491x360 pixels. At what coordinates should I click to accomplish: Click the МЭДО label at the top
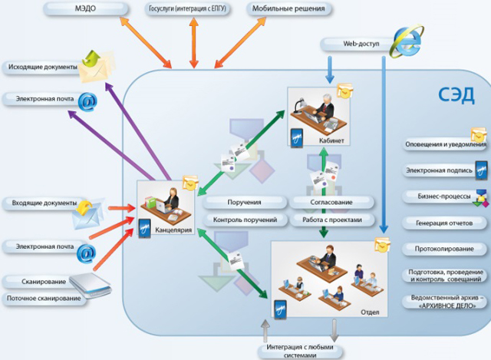[x=85, y=8]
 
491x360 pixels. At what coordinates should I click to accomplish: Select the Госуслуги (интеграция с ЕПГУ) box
[x=187, y=8]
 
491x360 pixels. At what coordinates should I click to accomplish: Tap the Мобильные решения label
[x=288, y=8]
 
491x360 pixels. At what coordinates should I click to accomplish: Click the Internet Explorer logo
[x=407, y=41]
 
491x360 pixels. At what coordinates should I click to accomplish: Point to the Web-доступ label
[x=361, y=44]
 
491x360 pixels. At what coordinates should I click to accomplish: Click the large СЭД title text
[x=456, y=95]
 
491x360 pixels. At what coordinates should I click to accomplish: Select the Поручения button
[x=244, y=203]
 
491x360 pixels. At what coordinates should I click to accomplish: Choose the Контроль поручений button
[x=245, y=220]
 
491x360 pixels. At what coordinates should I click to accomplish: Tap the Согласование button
[x=331, y=203]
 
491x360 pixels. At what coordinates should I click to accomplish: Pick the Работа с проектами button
[x=332, y=220]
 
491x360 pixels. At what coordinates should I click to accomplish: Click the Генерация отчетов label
[x=444, y=223]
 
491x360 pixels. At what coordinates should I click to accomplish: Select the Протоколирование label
[x=444, y=249]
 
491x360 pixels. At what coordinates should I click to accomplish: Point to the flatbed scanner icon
[x=91, y=285]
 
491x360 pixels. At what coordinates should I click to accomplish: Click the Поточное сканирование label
[x=44, y=299]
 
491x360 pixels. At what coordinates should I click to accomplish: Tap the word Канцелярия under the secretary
[x=173, y=230]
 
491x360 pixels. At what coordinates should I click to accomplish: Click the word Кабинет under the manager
[x=331, y=140]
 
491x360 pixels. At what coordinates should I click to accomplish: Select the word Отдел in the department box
[x=370, y=312]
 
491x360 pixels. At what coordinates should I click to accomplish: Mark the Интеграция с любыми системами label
[x=300, y=352]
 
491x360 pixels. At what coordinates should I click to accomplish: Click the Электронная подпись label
[x=439, y=170]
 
